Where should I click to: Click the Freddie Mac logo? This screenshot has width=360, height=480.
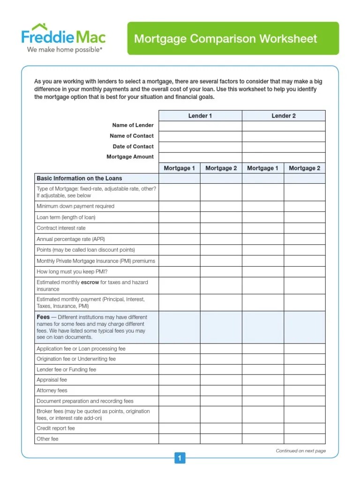tap(64, 37)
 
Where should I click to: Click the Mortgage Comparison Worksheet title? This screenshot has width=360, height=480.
tap(225, 38)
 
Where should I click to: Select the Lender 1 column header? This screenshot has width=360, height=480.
tap(200, 116)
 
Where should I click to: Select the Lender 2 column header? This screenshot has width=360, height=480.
tap(284, 116)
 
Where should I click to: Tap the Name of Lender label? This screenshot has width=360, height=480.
tap(133, 125)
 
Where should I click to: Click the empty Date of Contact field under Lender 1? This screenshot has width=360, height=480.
tap(200, 147)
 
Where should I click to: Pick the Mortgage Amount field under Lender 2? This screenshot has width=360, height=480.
tap(284, 157)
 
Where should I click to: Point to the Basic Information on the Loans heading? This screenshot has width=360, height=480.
tap(79, 179)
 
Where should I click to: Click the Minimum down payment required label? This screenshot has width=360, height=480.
tap(75, 206)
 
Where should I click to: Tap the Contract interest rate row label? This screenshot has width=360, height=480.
tap(61, 228)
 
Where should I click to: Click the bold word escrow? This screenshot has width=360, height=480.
tap(90, 283)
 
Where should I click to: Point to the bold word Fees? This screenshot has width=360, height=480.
tap(43, 317)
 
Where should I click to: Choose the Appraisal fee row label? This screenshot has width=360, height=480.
tap(52, 380)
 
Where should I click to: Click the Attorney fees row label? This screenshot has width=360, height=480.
tap(52, 390)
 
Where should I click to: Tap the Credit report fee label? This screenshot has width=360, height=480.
tap(56, 428)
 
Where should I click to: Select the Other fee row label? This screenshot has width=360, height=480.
tap(47, 439)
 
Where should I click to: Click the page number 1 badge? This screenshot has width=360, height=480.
tap(180, 458)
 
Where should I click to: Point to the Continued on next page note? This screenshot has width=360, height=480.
tap(300, 451)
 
